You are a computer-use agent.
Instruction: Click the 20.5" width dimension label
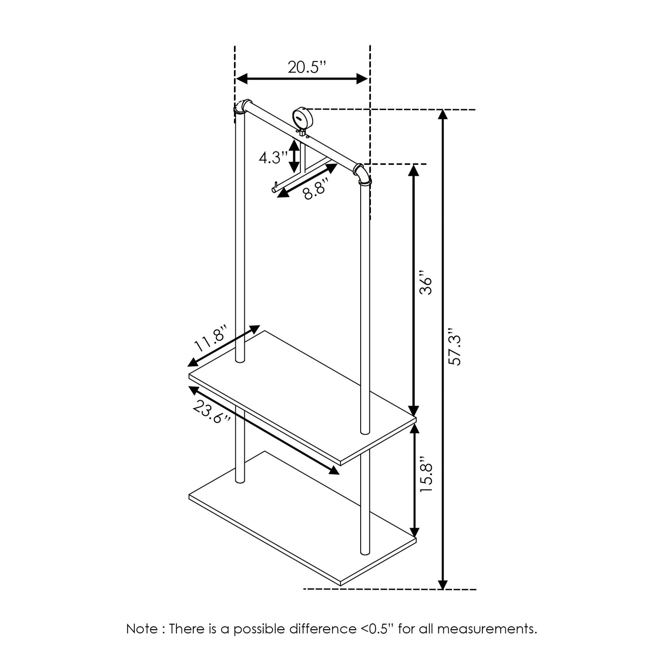306,67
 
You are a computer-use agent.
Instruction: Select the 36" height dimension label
425,283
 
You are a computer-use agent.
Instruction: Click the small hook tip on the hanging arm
273,189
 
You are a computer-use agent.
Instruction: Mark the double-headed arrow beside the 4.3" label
294,156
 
